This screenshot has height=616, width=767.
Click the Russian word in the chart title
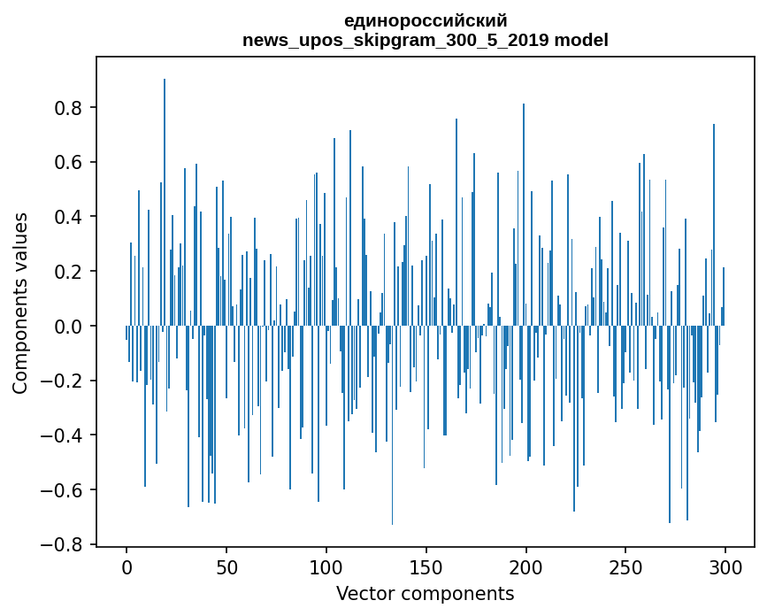coord(426,21)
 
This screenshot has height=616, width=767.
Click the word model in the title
coord(581,40)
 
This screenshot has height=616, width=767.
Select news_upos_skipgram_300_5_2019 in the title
coord(395,41)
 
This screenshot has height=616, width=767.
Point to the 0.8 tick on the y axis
coord(68,108)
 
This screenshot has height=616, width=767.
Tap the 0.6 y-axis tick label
coord(68,163)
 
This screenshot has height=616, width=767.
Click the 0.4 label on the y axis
coord(68,217)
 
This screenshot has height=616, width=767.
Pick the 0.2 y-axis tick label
coord(68,272)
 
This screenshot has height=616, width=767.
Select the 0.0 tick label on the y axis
coord(68,327)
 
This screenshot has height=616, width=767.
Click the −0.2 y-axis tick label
coord(62,381)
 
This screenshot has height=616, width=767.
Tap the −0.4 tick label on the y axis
coord(62,435)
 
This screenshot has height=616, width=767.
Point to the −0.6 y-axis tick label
coord(62,490)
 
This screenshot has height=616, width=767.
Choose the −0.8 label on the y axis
coord(62,544)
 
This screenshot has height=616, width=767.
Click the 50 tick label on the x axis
coord(226,568)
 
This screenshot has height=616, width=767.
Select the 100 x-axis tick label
coord(326,568)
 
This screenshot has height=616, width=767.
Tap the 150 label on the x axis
coord(426,568)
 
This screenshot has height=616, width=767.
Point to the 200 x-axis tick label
coord(525,568)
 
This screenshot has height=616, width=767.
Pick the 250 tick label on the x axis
coord(625,568)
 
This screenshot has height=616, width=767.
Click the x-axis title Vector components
coord(425,594)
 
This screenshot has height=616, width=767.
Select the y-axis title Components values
coord(20,304)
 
